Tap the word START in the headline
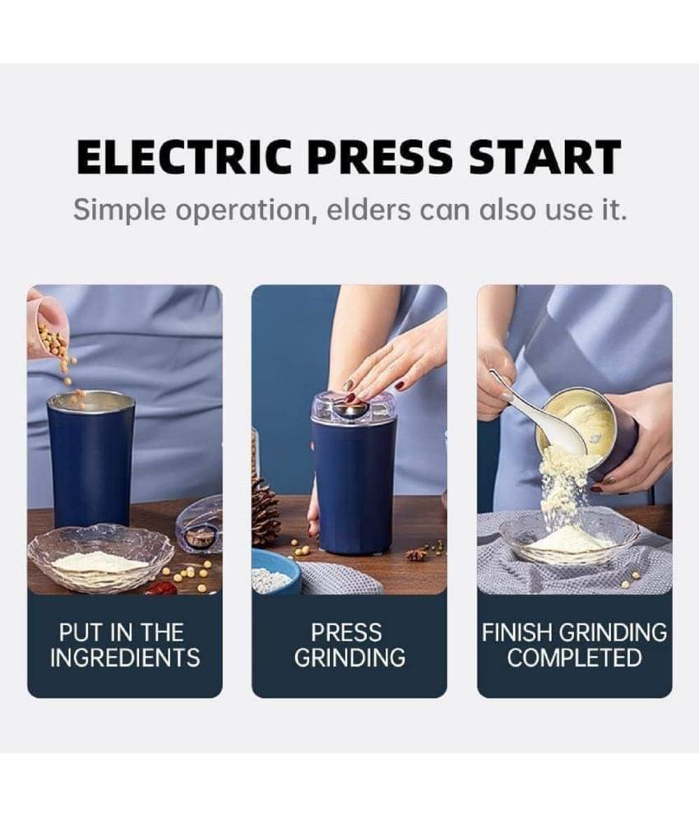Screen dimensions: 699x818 click(x=544, y=156)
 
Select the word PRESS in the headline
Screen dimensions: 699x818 click(x=380, y=156)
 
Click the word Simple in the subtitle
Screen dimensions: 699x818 click(x=120, y=210)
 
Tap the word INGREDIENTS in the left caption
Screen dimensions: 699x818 click(x=125, y=658)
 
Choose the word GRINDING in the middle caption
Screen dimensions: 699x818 click(x=349, y=658)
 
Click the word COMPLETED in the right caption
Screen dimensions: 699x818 click(x=574, y=658)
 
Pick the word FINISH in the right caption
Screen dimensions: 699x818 click(x=519, y=633)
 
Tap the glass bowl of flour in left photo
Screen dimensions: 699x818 click(x=100, y=558)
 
